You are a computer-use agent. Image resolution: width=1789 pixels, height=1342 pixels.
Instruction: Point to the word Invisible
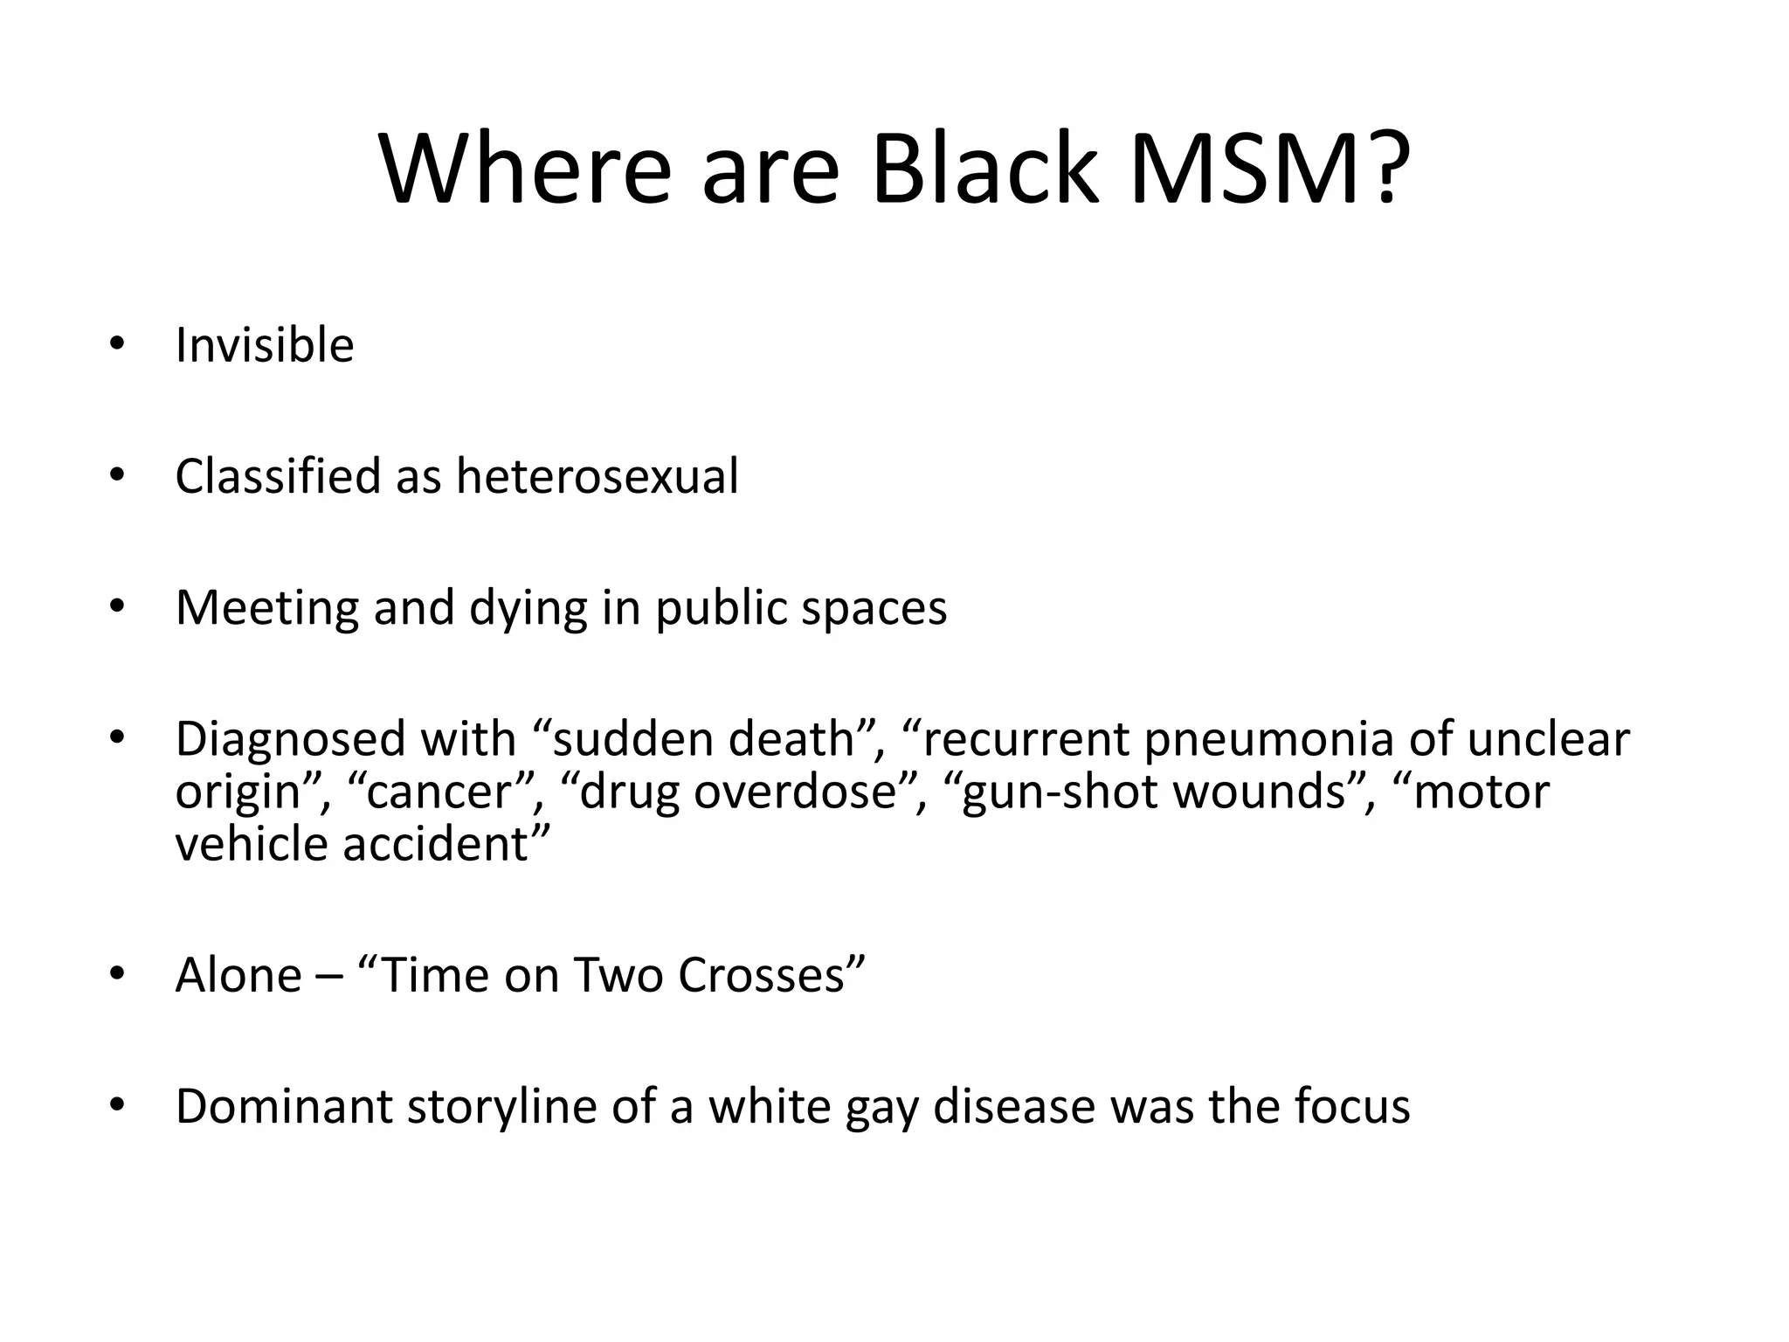265,345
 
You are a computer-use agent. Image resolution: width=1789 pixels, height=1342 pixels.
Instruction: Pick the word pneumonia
1269,739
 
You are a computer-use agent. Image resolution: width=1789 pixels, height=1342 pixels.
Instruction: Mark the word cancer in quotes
440,792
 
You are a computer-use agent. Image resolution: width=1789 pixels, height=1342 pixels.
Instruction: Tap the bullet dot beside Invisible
117,343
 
